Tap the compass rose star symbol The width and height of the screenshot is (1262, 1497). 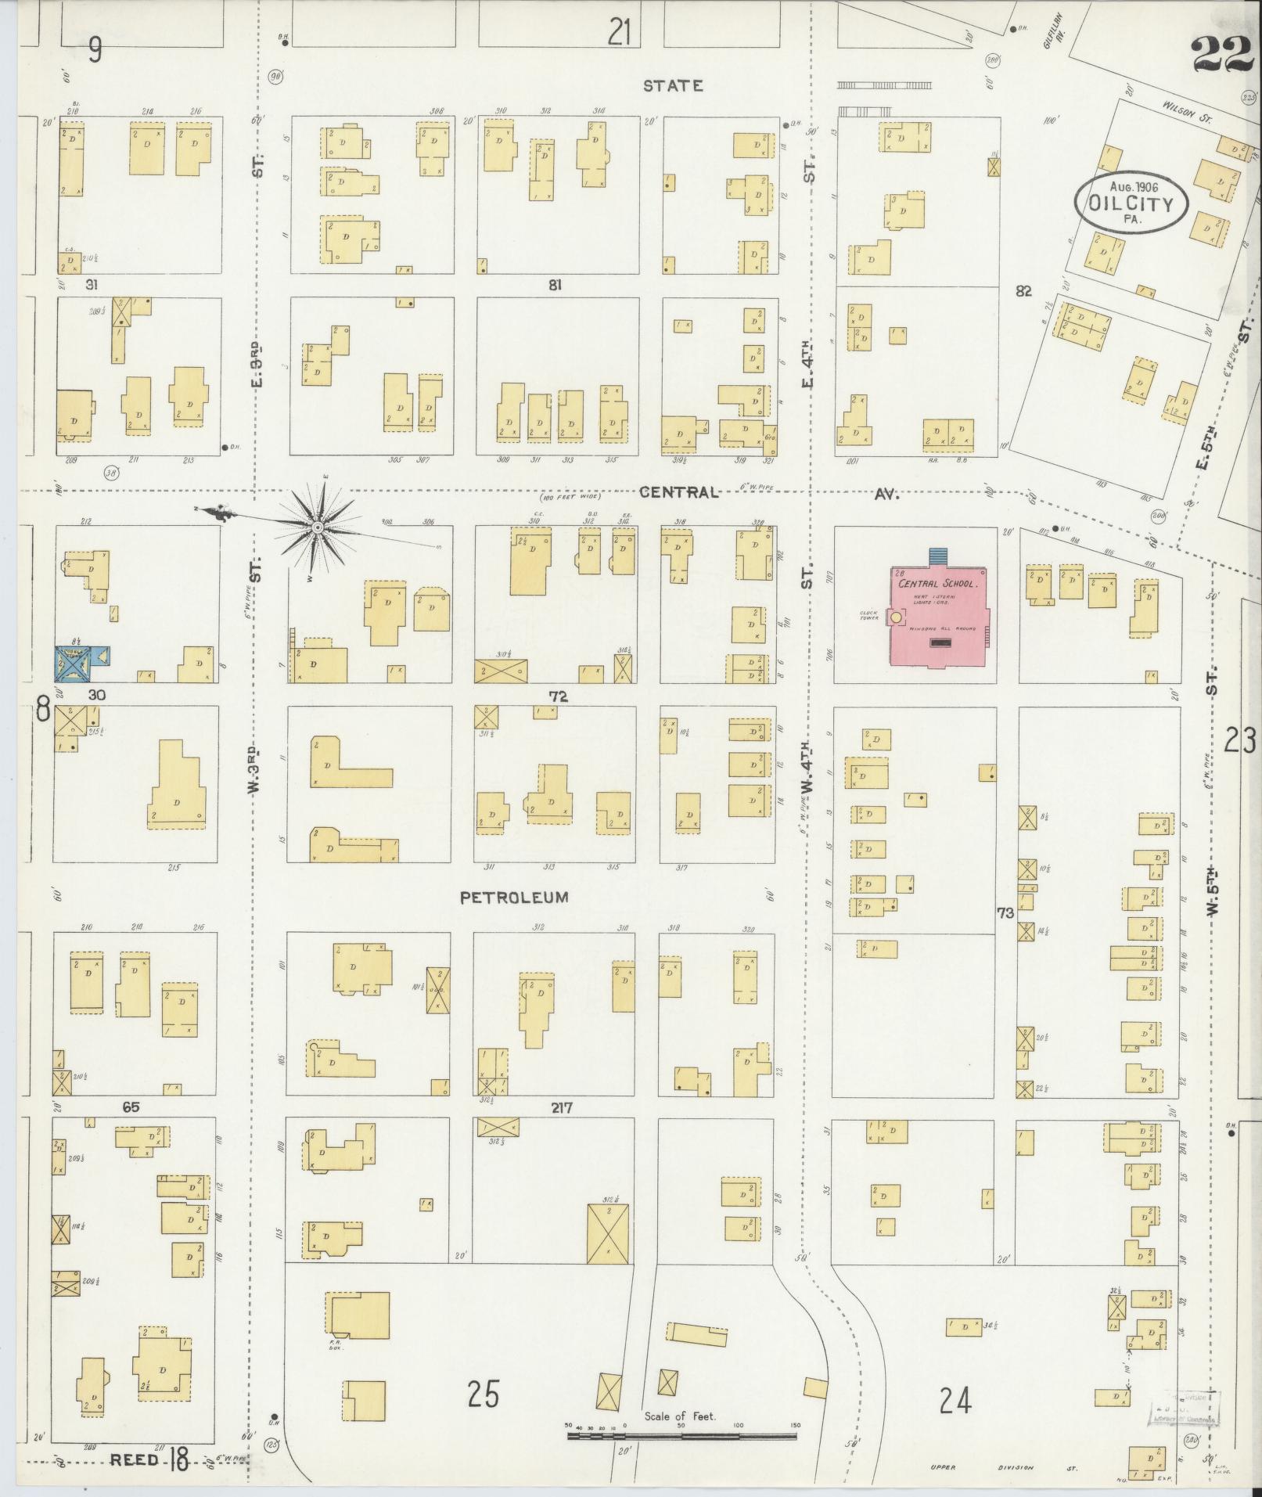coord(318,528)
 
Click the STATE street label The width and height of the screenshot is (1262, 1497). coord(672,86)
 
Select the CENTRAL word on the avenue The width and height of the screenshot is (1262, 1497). coord(678,492)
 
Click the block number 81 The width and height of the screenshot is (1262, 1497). coord(555,286)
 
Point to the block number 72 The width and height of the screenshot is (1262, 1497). coord(558,696)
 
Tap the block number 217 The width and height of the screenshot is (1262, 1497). coord(561,1108)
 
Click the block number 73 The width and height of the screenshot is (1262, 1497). coord(1005,912)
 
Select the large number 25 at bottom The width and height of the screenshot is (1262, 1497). coord(483,1394)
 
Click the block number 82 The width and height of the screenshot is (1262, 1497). coord(1023,291)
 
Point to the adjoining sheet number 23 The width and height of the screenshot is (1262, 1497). coord(1239,740)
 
